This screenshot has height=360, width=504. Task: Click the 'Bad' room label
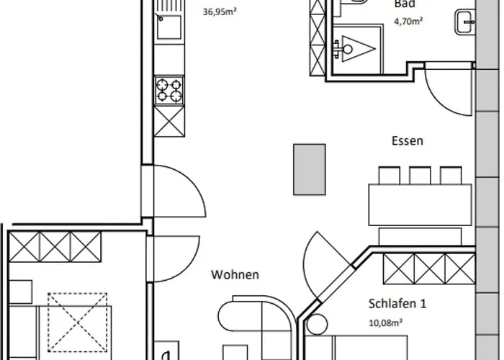pyautogui.click(x=404, y=4)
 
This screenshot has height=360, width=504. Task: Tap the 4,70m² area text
pyautogui.click(x=408, y=22)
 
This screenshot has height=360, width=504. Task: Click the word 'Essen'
pyautogui.click(x=407, y=142)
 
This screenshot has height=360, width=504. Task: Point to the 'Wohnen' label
pyautogui.click(x=235, y=274)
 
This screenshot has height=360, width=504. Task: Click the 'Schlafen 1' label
pyautogui.click(x=397, y=304)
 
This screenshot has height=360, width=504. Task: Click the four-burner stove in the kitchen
pyautogui.click(x=168, y=90)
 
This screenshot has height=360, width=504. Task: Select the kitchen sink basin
pyautogui.click(x=168, y=30)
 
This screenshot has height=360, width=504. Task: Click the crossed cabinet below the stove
pyautogui.click(x=168, y=117)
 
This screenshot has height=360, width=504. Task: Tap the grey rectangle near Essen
pyautogui.click(x=309, y=169)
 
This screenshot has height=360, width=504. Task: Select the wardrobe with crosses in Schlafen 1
pyautogui.click(x=429, y=270)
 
